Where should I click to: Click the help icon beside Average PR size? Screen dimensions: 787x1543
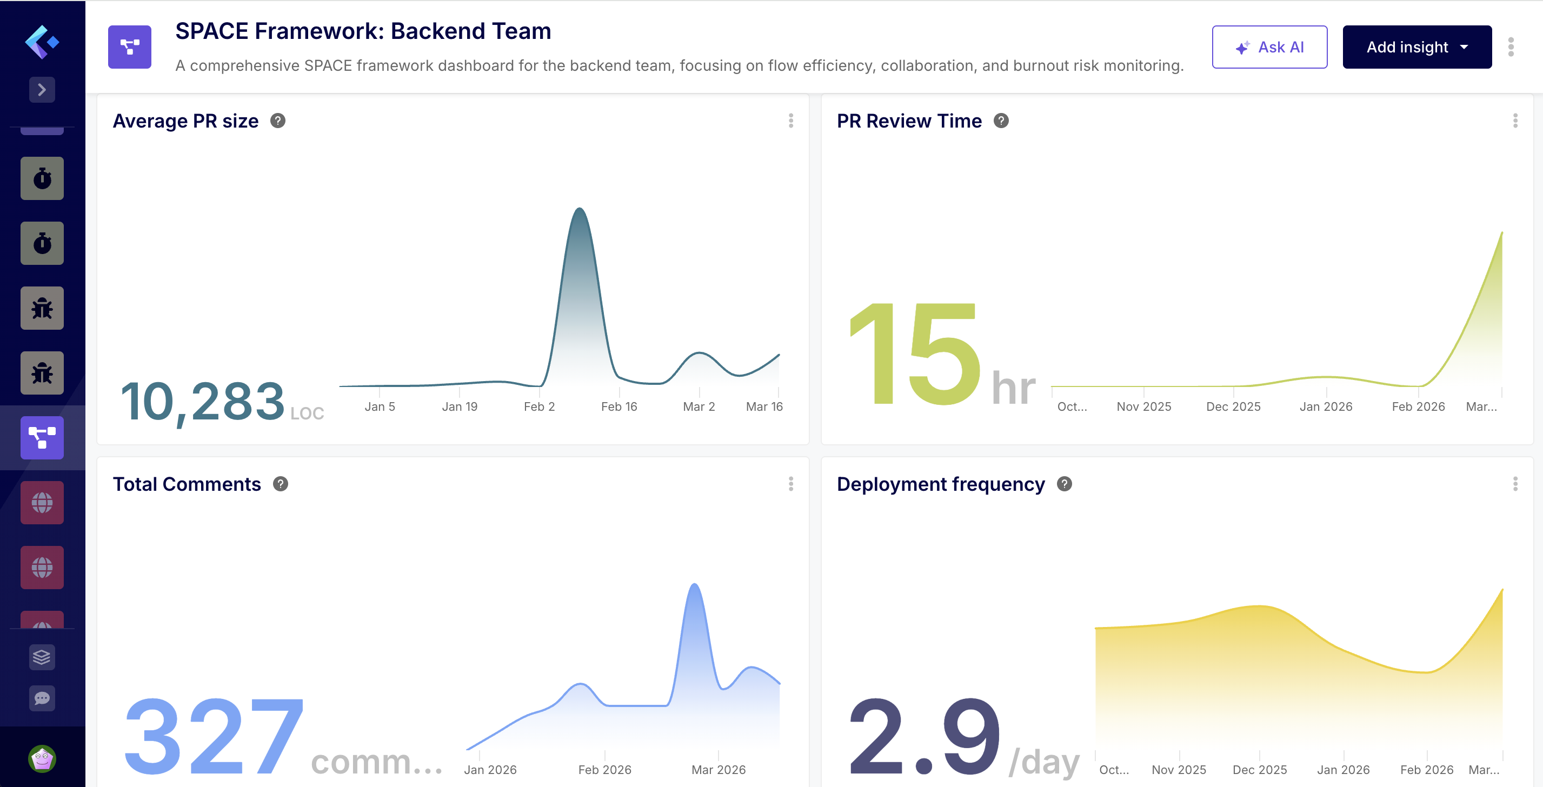(278, 121)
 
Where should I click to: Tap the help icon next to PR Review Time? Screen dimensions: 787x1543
(1001, 121)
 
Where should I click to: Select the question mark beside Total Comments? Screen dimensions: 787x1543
(281, 483)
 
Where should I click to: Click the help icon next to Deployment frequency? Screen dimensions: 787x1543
(1065, 483)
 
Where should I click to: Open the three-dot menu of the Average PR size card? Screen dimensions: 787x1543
(790, 121)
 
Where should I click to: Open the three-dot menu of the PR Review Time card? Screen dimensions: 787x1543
(1515, 121)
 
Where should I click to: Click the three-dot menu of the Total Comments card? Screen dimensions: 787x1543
(790, 483)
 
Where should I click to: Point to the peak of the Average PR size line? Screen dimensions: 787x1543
(579, 209)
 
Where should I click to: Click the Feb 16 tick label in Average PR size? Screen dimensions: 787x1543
(618, 406)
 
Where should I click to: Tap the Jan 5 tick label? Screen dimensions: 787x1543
(380, 406)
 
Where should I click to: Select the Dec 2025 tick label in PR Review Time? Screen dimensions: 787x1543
(1233, 406)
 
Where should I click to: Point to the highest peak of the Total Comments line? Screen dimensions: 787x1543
(694, 584)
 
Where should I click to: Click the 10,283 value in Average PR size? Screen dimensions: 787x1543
(202, 401)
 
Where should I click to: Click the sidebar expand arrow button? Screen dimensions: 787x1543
(42, 90)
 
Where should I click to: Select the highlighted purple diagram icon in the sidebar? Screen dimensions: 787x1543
(42, 438)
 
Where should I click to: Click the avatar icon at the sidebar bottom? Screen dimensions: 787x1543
(42, 759)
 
